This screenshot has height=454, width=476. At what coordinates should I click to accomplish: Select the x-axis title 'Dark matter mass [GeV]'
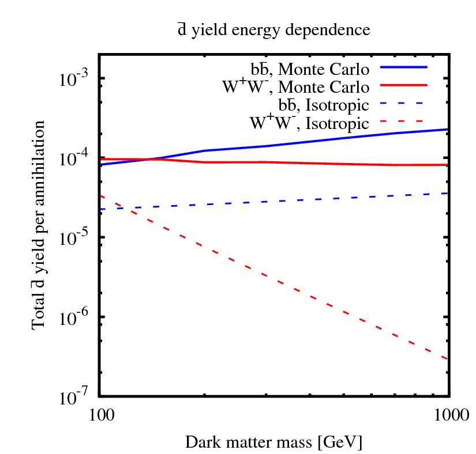pyautogui.click(x=273, y=442)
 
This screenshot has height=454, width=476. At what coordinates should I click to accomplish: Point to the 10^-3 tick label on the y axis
pyautogui.click(x=73, y=79)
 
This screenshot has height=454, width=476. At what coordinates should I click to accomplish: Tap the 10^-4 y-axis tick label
pyautogui.click(x=73, y=158)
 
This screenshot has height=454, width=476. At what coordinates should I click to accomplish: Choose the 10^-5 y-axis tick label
pyautogui.click(x=73, y=238)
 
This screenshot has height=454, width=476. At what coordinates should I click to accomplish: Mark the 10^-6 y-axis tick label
pyautogui.click(x=73, y=317)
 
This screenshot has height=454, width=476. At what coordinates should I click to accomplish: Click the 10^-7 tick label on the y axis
pyautogui.click(x=73, y=397)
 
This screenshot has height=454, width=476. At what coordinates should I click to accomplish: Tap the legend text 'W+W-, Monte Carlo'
pyautogui.click(x=295, y=88)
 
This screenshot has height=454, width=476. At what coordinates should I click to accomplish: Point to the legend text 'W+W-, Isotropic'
pyautogui.click(x=309, y=123)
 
